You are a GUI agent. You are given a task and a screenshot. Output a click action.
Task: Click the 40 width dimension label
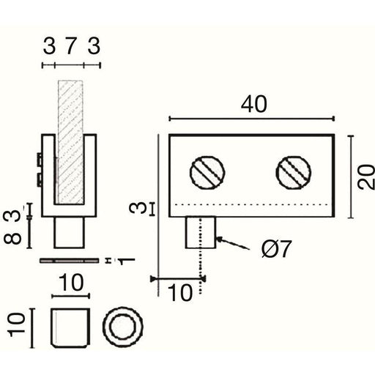pos(254,104)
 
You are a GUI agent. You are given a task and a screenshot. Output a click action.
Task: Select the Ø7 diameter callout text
pos(276,249)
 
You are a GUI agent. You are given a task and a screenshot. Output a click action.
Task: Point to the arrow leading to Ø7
pos(233,243)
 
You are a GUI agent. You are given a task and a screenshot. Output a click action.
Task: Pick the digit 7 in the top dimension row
pos(70,46)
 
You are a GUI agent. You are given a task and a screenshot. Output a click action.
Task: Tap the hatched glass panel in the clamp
pos(70,142)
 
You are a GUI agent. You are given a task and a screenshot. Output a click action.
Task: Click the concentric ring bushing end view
pos(122,327)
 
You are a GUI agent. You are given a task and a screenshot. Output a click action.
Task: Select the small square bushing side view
pos(70,327)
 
